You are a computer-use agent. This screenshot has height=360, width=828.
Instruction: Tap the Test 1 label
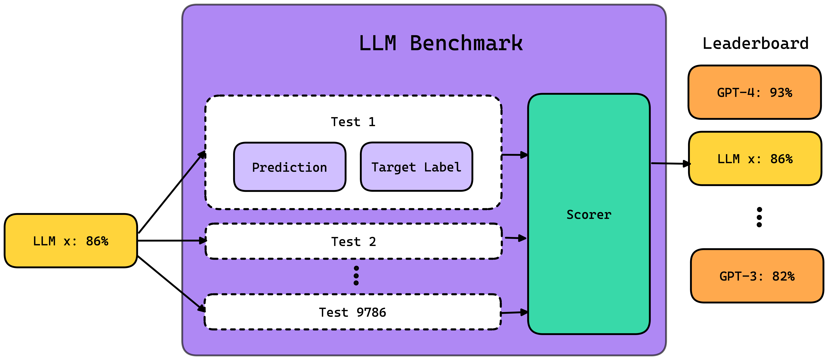(353, 122)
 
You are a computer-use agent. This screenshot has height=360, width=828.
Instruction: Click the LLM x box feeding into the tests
(71, 241)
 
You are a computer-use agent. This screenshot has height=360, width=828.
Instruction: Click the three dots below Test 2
(356, 276)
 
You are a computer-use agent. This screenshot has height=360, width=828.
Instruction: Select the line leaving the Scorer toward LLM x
(658, 163)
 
